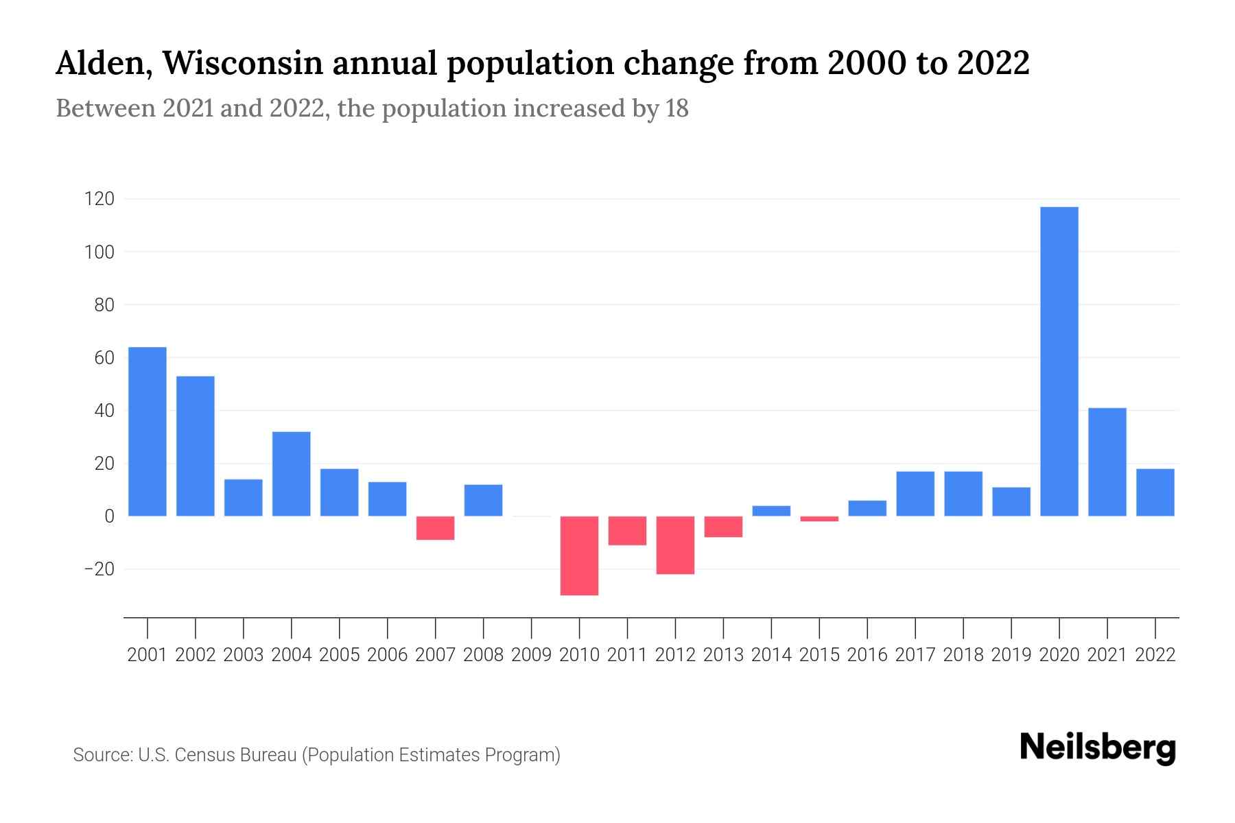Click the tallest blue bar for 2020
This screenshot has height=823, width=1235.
point(1059,361)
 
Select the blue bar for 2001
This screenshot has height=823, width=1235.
point(148,431)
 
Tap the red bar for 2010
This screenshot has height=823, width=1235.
point(579,556)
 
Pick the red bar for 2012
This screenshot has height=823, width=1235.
point(675,545)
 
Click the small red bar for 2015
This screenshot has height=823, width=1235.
point(819,519)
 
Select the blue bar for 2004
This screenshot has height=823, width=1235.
point(291,473)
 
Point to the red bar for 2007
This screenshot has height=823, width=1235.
point(435,528)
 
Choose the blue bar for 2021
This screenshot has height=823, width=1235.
point(1107,462)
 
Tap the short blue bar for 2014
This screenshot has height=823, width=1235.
point(771,511)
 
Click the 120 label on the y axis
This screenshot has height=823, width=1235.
point(99,200)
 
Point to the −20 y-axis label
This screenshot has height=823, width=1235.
point(99,569)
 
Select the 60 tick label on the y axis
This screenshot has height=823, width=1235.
point(104,358)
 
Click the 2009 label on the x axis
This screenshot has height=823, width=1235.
point(531,655)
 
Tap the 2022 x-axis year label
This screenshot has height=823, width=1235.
point(1155,655)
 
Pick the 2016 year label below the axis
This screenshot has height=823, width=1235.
point(867,655)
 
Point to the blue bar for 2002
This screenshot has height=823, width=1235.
point(196,446)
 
